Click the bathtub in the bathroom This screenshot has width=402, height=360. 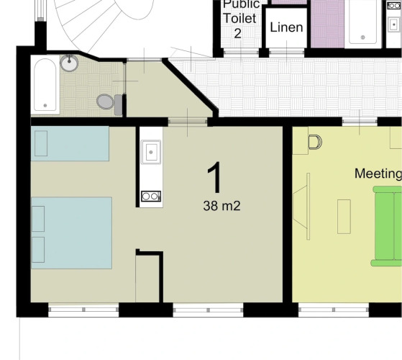[x=45, y=85]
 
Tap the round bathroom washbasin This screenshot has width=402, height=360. [x=69, y=63]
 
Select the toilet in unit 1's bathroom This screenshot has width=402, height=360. [x=109, y=102]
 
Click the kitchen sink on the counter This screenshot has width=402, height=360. [x=151, y=152]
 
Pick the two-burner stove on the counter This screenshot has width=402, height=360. [x=151, y=197]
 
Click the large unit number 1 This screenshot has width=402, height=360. [x=215, y=177]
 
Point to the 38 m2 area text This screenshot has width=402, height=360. [x=221, y=206]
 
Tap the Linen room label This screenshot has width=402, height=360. [x=286, y=27]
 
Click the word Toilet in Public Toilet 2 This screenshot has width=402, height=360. [x=239, y=18]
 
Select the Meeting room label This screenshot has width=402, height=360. [x=378, y=174]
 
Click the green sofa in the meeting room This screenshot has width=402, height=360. [x=387, y=226]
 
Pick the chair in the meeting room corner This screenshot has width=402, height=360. [x=316, y=142]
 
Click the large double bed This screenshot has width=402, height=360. [x=71, y=233]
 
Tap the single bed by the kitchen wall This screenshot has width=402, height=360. [x=70, y=143]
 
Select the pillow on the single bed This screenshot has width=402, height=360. [x=41, y=143]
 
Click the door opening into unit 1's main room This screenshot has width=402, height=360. [x=188, y=122]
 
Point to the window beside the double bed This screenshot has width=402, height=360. [x=83, y=310]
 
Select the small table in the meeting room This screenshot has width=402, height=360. [x=344, y=217]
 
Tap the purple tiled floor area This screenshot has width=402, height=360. [x=327, y=24]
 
